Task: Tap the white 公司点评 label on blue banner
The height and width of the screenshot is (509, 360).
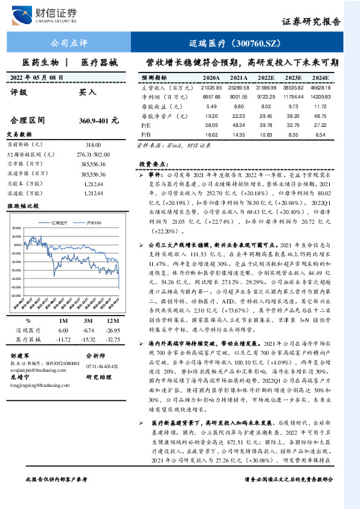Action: [69, 44]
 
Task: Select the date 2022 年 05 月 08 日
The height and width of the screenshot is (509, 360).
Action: [38, 77]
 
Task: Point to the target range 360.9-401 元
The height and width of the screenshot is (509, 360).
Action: [99, 121]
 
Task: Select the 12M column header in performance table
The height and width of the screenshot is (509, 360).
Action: [110, 320]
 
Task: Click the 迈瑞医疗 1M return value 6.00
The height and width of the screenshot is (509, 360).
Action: [63, 331]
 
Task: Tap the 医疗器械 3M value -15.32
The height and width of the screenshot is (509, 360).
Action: [88, 340]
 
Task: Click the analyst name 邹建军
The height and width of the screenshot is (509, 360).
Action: [19, 357]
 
